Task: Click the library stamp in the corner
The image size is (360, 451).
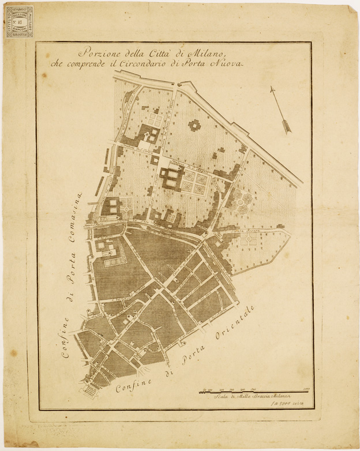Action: click(x=20, y=22)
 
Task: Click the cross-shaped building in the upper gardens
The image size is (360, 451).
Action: click(x=195, y=126)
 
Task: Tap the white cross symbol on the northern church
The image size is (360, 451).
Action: click(x=147, y=136)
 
